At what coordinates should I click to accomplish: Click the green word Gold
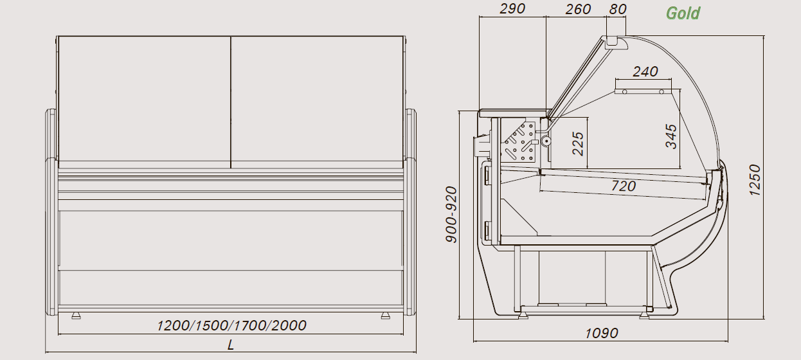(x=683, y=14)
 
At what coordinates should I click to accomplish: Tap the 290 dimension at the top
(x=512, y=9)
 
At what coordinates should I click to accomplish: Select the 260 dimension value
(x=578, y=9)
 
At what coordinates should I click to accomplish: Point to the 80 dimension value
(x=618, y=9)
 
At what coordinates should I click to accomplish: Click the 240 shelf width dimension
(x=645, y=72)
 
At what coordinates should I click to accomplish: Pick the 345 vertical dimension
(x=671, y=136)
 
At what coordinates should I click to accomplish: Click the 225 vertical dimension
(x=578, y=144)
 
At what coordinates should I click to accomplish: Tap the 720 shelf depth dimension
(x=624, y=186)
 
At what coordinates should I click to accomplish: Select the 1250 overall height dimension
(x=755, y=180)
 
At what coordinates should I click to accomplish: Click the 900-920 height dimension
(x=451, y=215)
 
